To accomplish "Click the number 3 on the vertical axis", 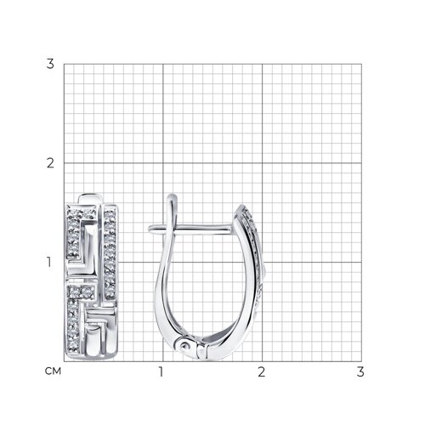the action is coord(50,64).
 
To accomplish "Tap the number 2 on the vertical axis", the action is coord(50,163).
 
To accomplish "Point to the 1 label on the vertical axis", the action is coord(49,262).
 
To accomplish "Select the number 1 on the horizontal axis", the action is coord(161,371).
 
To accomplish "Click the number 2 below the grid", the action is coord(262,371).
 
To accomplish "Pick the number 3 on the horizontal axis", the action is coord(360,371).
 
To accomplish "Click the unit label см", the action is coord(53,371).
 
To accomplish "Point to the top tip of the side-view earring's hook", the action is coord(172,195).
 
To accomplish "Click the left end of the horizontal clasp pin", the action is coord(150,228).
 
